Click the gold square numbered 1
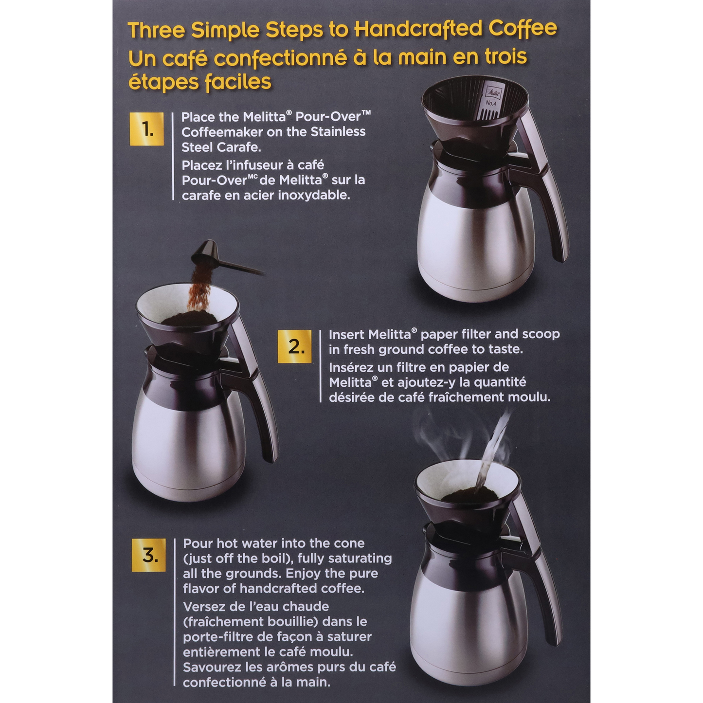[x=146, y=129]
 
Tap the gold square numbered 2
[x=295, y=347]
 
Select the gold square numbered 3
[x=148, y=555]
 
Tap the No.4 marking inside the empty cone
[x=491, y=103]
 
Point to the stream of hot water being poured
[x=492, y=449]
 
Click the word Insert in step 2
[x=346, y=334]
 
